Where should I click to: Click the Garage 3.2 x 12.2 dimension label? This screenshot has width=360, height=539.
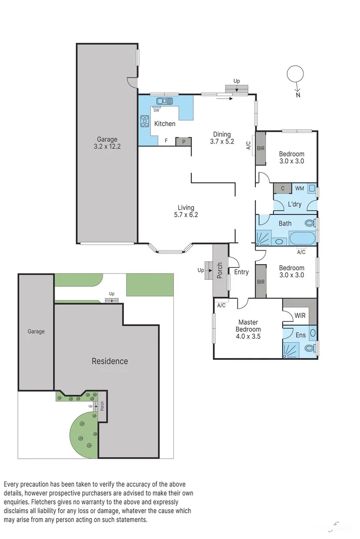point(107,143)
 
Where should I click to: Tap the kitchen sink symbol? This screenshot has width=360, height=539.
point(164,101)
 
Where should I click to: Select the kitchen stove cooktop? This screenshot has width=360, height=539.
point(145,121)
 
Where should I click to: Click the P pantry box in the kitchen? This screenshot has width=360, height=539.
point(183,142)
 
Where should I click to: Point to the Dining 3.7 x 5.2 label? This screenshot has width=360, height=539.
point(221,138)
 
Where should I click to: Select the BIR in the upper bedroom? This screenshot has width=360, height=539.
point(260,148)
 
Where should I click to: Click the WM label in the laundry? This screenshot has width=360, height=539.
point(299,188)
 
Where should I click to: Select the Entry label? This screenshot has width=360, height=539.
point(241,272)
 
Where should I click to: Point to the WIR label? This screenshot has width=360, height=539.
point(300,316)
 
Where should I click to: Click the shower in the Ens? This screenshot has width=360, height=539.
point(291,349)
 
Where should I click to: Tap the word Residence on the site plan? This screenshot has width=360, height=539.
point(110,361)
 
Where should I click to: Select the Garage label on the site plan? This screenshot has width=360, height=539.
point(36,331)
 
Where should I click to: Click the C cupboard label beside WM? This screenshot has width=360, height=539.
point(283,188)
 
